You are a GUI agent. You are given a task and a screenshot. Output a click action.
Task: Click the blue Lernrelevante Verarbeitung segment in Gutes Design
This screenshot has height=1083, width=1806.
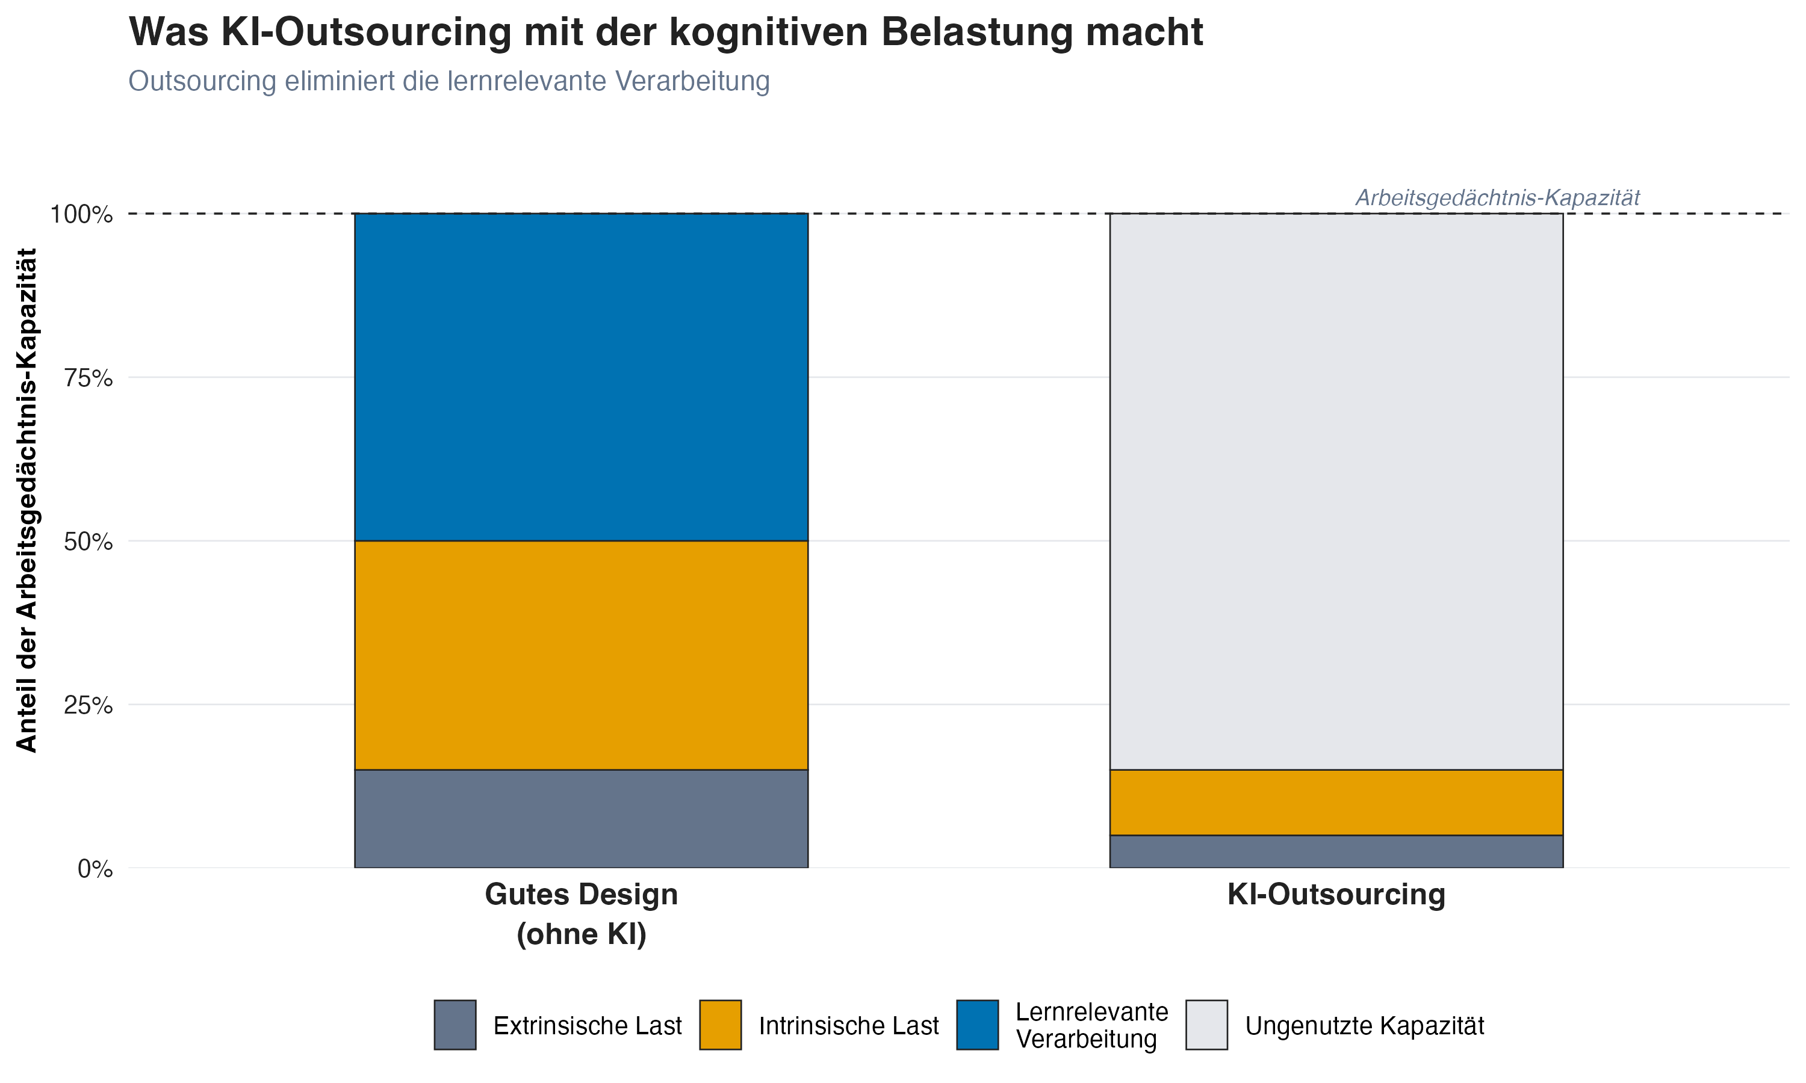click(581, 377)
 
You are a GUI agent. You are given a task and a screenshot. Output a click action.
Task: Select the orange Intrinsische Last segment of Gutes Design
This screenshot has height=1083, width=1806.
click(581, 655)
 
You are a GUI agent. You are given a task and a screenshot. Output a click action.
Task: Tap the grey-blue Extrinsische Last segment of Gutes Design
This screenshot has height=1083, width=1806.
click(581, 818)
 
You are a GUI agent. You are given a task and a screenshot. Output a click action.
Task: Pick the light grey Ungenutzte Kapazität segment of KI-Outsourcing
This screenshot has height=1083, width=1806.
click(1336, 491)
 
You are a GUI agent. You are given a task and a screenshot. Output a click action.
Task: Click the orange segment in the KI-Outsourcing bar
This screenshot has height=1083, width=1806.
click(1336, 802)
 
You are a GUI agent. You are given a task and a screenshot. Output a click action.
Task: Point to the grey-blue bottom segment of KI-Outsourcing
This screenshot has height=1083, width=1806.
click(1336, 851)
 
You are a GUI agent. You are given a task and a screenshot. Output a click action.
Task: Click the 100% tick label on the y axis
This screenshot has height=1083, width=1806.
click(81, 215)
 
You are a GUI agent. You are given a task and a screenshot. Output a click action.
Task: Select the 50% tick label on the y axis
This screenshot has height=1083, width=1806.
click(88, 541)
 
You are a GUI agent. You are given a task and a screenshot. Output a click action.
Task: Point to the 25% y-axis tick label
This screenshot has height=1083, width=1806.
click(88, 705)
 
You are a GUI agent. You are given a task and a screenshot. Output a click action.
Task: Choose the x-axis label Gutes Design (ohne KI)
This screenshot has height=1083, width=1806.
click(581, 914)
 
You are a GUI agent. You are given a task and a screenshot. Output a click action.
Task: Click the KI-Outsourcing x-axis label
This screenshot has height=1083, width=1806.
click(1336, 895)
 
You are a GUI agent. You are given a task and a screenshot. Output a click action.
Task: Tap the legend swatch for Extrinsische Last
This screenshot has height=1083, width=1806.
click(455, 1025)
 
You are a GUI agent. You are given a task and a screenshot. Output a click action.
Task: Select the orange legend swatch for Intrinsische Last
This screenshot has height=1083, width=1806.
click(720, 1025)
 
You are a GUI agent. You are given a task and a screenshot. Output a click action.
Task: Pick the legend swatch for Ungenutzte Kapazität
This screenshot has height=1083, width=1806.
click(1206, 1025)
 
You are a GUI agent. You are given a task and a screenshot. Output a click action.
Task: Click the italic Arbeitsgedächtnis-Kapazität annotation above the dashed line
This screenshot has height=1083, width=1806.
click(1497, 198)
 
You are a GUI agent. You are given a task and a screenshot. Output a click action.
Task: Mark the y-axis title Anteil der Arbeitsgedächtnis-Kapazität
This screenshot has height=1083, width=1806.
click(27, 500)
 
